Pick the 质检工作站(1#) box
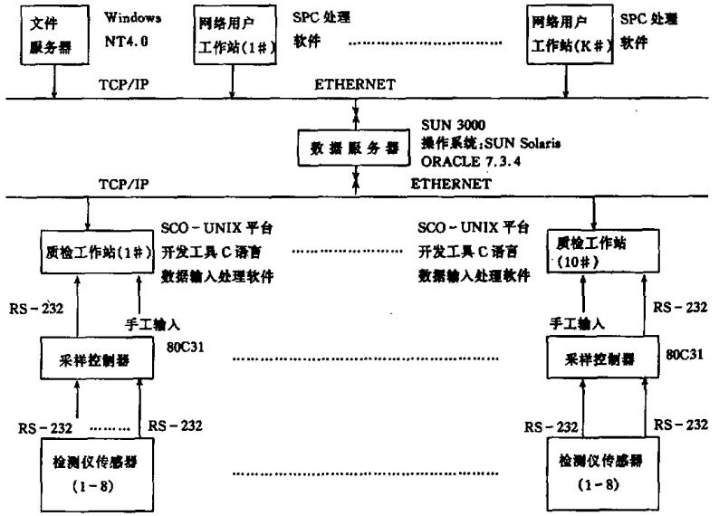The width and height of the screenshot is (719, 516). [88, 249]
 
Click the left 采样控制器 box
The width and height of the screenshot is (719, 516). [88, 359]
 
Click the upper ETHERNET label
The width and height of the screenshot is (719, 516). [355, 84]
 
